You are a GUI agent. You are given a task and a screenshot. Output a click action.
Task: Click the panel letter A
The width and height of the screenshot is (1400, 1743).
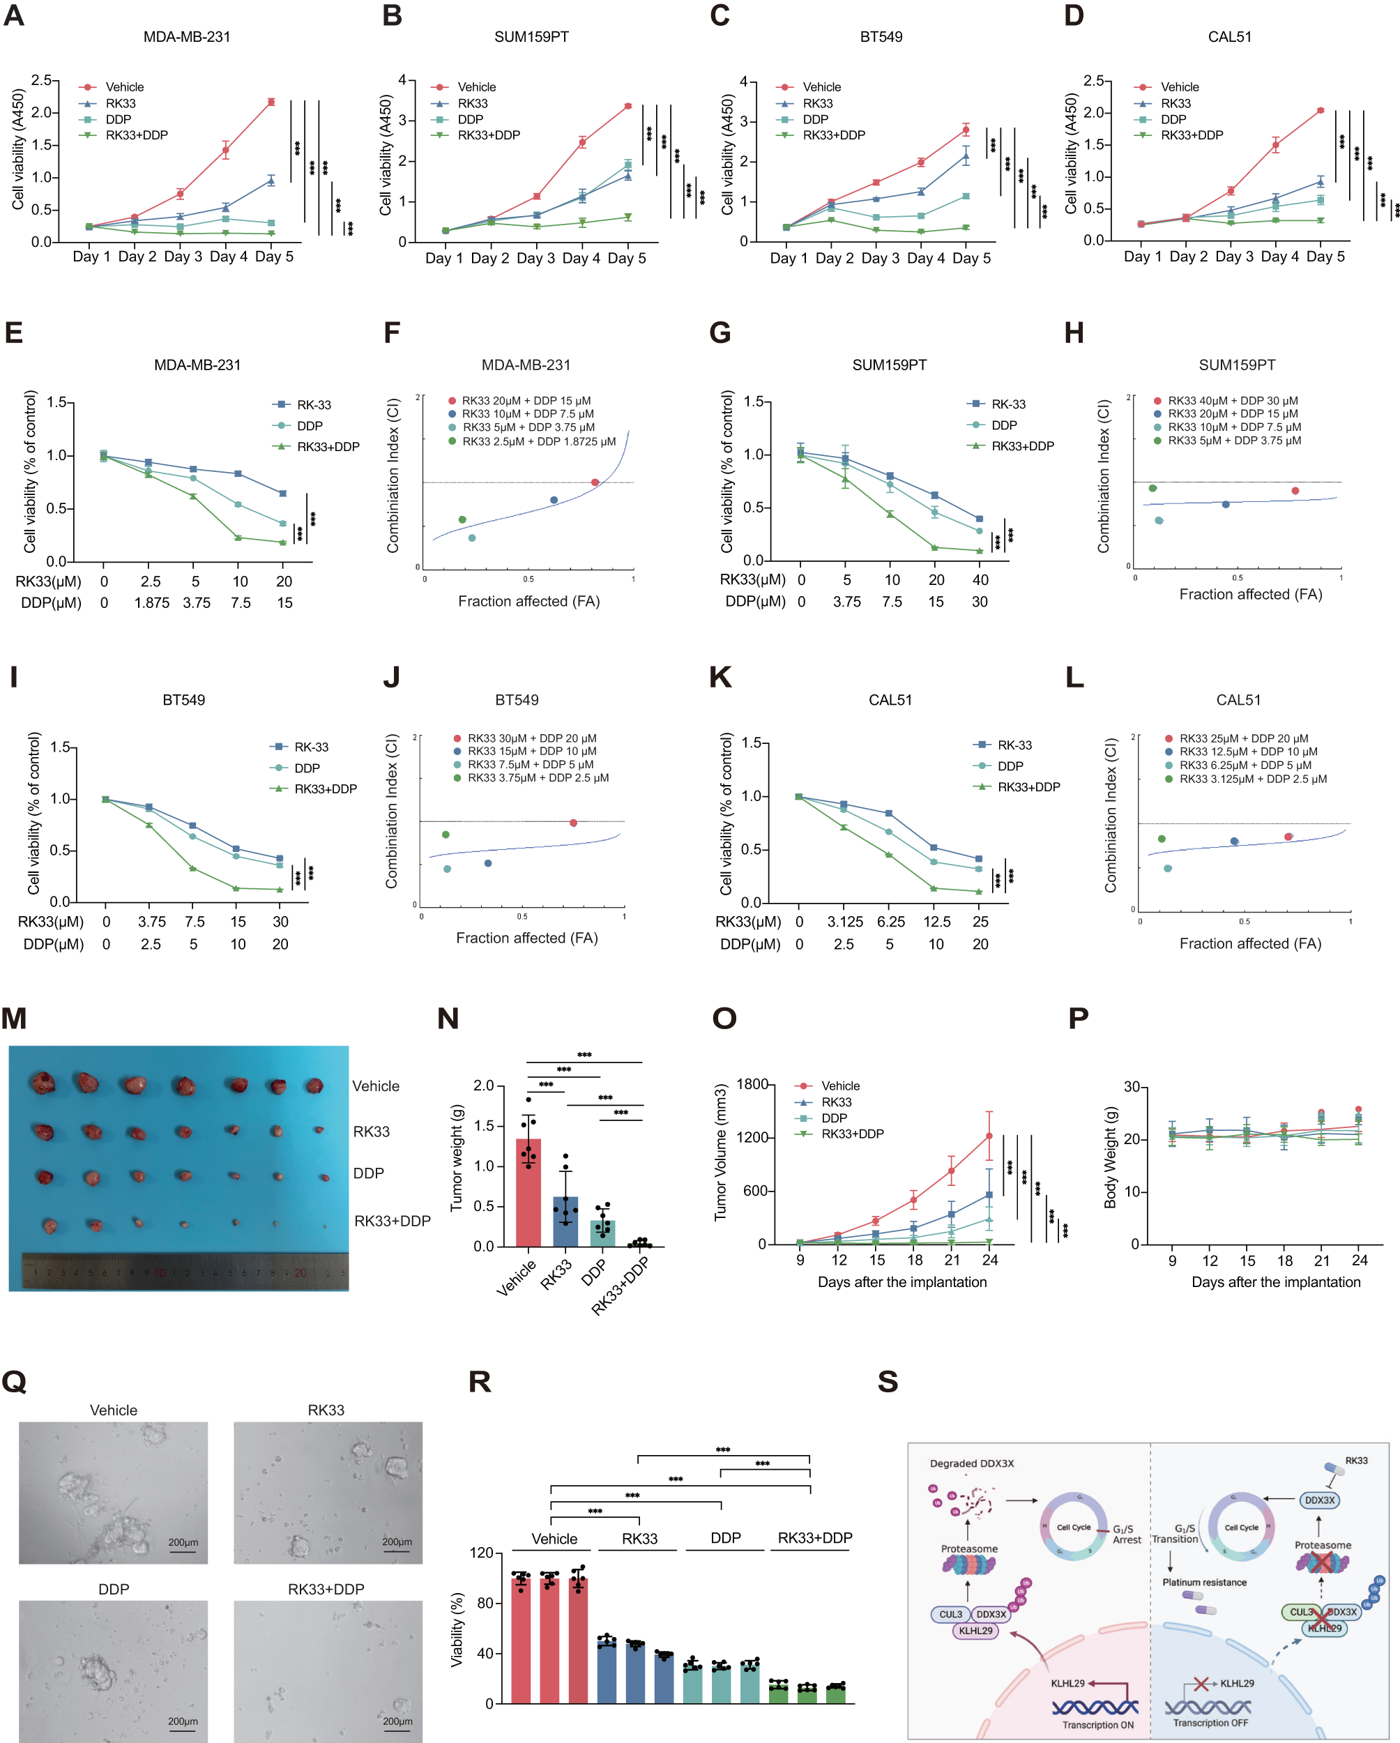click(x=14, y=15)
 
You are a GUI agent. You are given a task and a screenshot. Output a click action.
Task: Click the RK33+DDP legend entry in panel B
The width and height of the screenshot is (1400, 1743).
click(x=488, y=135)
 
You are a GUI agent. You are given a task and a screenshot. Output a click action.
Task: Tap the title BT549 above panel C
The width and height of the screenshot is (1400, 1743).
click(x=881, y=37)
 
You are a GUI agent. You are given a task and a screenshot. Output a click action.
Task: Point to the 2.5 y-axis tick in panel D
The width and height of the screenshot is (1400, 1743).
click(x=1093, y=81)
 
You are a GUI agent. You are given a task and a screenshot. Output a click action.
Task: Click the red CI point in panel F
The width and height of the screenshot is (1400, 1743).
click(x=595, y=482)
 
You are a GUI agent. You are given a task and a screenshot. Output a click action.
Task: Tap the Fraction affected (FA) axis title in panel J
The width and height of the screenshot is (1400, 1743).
click(x=526, y=938)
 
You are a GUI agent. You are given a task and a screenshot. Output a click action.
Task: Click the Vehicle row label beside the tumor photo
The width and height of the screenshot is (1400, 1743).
click(x=375, y=1086)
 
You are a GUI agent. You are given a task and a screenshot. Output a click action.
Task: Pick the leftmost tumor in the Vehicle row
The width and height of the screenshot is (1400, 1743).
click(x=42, y=1083)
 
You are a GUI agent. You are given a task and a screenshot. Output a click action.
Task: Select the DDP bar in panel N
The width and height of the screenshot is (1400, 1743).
click(x=602, y=1233)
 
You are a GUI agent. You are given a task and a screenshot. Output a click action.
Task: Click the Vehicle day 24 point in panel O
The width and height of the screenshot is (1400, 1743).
click(x=989, y=1136)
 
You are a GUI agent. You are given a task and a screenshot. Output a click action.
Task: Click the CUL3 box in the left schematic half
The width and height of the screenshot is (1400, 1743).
click(x=950, y=1615)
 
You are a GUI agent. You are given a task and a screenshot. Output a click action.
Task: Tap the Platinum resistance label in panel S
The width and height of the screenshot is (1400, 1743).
click(x=1203, y=1582)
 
